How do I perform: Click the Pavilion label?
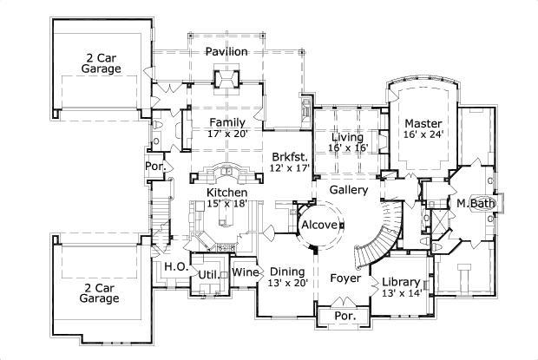coord(226,52)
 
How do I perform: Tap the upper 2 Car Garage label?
coord(100,62)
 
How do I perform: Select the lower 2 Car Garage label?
coord(100,292)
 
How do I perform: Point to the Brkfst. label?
coord(289,156)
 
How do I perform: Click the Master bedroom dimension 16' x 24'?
coord(423,134)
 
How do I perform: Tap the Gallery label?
coord(350,189)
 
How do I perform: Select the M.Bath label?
coord(476,204)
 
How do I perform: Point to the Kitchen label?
coord(227,192)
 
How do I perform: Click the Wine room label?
coord(244,273)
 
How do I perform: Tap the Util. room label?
coord(207,274)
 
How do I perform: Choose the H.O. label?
coord(174,267)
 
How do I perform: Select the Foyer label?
coord(344,278)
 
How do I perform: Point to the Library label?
coord(402,282)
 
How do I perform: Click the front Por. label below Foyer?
coord(344,317)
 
